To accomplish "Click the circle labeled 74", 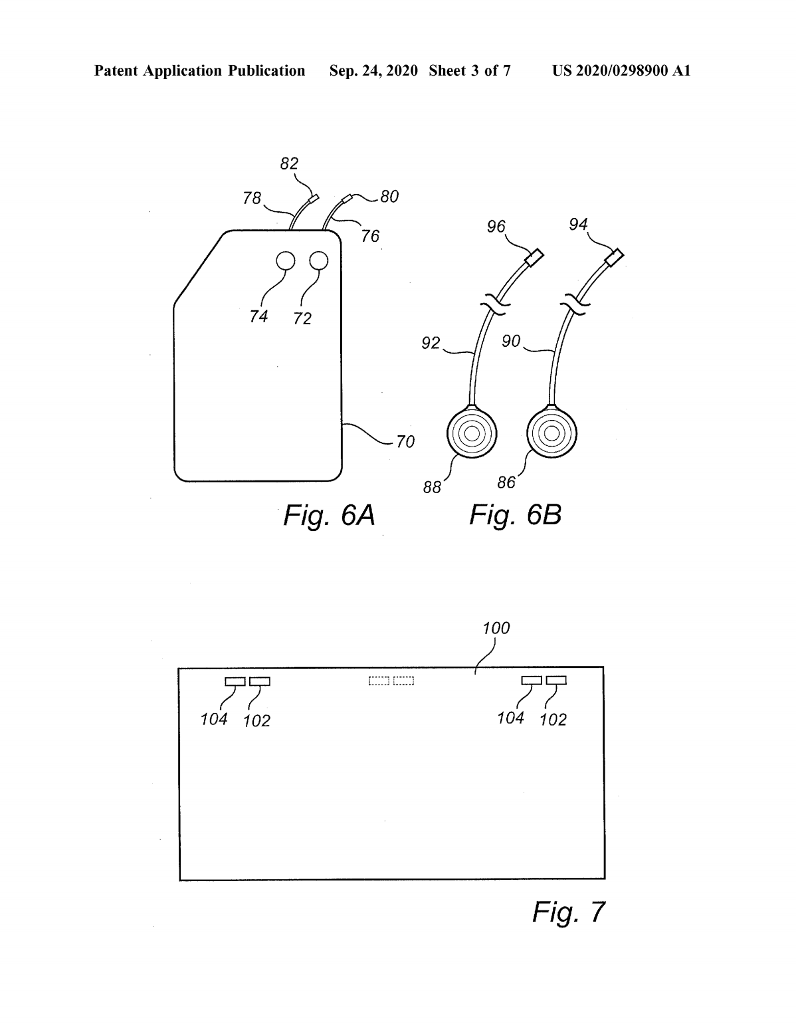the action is click(x=285, y=260).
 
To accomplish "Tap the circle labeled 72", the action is click(x=319, y=260).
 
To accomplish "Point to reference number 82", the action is click(x=289, y=163).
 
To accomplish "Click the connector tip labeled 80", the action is click(x=348, y=197).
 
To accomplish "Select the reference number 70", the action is click(x=405, y=441).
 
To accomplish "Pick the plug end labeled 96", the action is click(x=534, y=258).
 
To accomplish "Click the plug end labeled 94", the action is click(x=615, y=257).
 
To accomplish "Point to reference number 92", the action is click(x=431, y=342).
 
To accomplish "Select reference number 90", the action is click(x=511, y=341).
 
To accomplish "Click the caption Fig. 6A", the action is click(x=329, y=515).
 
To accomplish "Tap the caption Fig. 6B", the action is click(x=515, y=514).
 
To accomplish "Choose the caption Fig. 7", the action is click(x=569, y=911).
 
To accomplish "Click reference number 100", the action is click(x=496, y=628).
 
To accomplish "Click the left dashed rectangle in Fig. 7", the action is click(x=379, y=681).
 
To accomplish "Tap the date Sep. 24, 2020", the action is click(x=373, y=71).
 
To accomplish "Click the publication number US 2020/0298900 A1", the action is click(x=621, y=71).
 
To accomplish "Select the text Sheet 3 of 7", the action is click(x=470, y=71).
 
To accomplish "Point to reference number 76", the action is click(x=370, y=236).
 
